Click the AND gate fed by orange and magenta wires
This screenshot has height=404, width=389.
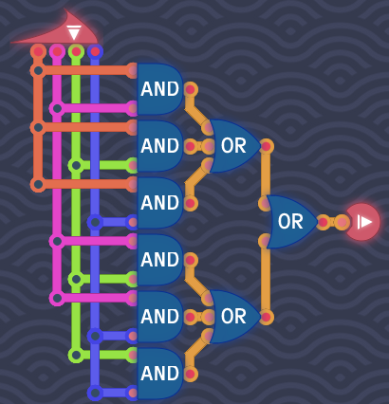[159, 89]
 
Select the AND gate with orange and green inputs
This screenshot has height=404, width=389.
[159, 146]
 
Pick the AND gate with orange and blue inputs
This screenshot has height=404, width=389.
[159, 203]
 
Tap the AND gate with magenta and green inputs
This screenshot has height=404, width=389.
[159, 260]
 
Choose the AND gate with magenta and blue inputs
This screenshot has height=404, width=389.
[159, 317]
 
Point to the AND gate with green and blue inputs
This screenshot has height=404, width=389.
[159, 374]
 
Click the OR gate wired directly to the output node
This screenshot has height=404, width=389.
[291, 222]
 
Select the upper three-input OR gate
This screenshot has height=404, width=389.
[234, 146]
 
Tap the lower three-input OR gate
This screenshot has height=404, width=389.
[234, 317]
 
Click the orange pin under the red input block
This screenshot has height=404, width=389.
[38, 51]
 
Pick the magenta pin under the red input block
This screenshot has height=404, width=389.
[57, 51]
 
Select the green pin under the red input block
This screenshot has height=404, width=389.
[76, 51]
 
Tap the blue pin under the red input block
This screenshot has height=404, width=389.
[95, 51]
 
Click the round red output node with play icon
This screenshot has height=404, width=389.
[362, 222]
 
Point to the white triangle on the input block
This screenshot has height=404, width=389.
[74, 33]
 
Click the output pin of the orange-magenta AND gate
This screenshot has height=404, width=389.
[190, 89]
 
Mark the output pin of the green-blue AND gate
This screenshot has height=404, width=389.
[190, 374]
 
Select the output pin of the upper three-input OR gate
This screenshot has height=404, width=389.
[267, 146]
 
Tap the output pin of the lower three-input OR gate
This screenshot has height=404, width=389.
[267, 317]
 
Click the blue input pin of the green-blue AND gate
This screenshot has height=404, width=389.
[133, 393]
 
